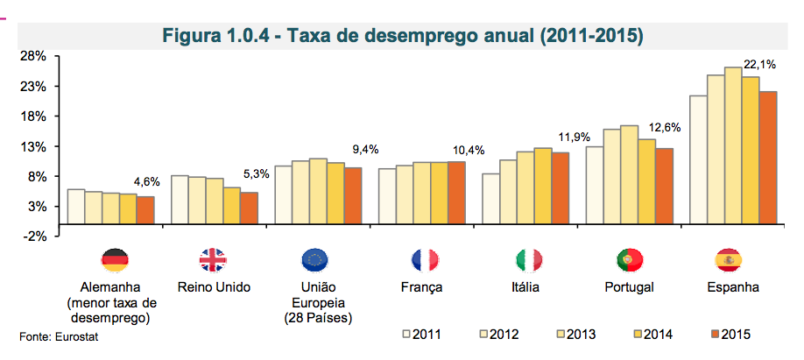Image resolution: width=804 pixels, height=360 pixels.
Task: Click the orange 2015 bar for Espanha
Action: tap(768, 158)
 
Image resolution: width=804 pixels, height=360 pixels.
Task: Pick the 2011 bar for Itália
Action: tap(490, 199)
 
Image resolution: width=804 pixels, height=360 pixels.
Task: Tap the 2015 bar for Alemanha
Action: tap(145, 210)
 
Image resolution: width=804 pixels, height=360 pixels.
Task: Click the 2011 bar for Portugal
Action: tap(594, 185)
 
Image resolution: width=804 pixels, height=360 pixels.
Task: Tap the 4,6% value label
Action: tap(146, 181)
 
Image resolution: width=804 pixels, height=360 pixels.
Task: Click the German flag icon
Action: tap(115, 259)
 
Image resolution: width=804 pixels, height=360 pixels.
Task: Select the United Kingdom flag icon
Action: tap(213, 259)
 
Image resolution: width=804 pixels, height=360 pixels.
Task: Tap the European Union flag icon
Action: tap(314, 259)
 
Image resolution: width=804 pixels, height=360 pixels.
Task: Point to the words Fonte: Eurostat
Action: tap(53, 336)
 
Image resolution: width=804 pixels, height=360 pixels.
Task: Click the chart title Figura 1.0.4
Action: tap(404, 36)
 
